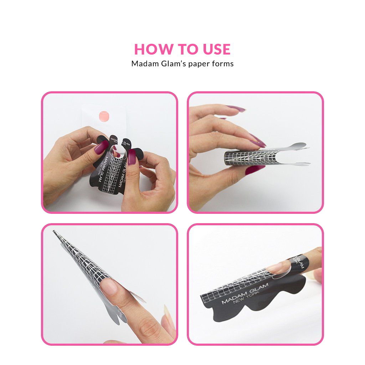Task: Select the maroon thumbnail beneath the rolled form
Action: [255, 170]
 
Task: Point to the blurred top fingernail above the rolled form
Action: [235, 108]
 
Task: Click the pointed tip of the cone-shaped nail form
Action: [55, 232]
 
